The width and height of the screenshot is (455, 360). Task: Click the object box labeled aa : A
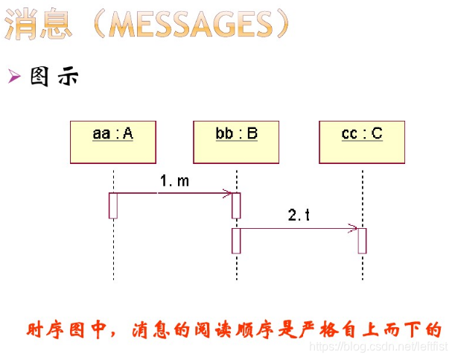pyautogui.click(x=113, y=142)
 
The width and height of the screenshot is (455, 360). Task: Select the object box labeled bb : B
pyautogui.click(x=236, y=142)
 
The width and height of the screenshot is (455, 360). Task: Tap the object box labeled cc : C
pyautogui.click(x=362, y=142)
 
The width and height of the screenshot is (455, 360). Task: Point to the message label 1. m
pyautogui.click(x=174, y=181)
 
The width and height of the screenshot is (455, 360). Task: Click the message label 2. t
pyautogui.click(x=299, y=215)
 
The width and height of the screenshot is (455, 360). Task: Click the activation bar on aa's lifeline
pyautogui.click(x=113, y=206)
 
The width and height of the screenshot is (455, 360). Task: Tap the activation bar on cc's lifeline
pyautogui.click(x=362, y=241)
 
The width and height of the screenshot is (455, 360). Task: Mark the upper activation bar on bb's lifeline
pyautogui.click(x=236, y=206)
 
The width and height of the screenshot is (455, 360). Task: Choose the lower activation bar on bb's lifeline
pyautogui.click(x=236, y=241)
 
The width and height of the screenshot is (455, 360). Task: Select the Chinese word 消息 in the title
pyautogui.click(x=41, y=25)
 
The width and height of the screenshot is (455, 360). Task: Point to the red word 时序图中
pyautogui.click(x=60, y=329)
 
